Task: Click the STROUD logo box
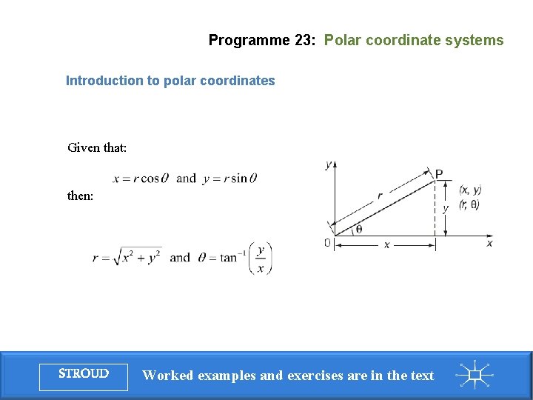84,375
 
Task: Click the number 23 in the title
304,41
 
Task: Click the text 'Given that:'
97,147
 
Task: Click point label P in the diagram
439,174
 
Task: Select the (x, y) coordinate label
470,190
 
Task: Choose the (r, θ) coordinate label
469,204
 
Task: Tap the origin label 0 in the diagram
327,243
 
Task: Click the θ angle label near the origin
359,229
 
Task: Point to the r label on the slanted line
380,196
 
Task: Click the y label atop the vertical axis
328,164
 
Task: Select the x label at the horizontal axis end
490,243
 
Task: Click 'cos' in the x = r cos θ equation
150,179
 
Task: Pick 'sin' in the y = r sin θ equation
238,179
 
